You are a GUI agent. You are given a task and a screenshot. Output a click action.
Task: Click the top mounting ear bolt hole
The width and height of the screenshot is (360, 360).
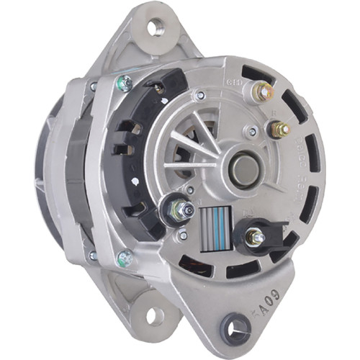point(153,28)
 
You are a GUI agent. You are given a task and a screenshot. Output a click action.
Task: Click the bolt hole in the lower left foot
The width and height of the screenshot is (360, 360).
point(153,315)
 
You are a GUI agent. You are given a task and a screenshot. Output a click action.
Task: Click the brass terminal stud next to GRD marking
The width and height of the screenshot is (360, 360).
point(264,91)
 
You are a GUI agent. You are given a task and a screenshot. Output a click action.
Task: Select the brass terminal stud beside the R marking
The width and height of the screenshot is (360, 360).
point(280,130)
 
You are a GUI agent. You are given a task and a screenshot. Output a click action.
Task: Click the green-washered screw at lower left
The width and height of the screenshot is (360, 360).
point(125,258)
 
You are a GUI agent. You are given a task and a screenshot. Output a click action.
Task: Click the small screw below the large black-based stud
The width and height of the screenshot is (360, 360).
point(183,235)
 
